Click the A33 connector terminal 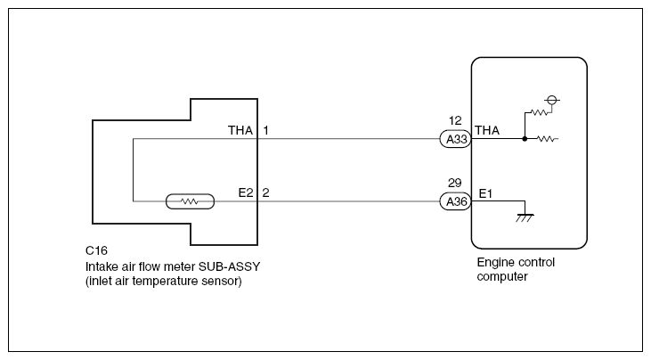click(454, 139)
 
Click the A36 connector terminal click(454, 201)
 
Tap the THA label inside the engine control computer click(487, 131)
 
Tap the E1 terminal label click(485, 193)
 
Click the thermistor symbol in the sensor click(189, 201)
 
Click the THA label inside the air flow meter click(240, 131)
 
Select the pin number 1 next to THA click(265, 131)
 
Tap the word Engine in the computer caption click(495, 263)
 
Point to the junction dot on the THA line click(525, 139)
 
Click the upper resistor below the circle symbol click(539, 113)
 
